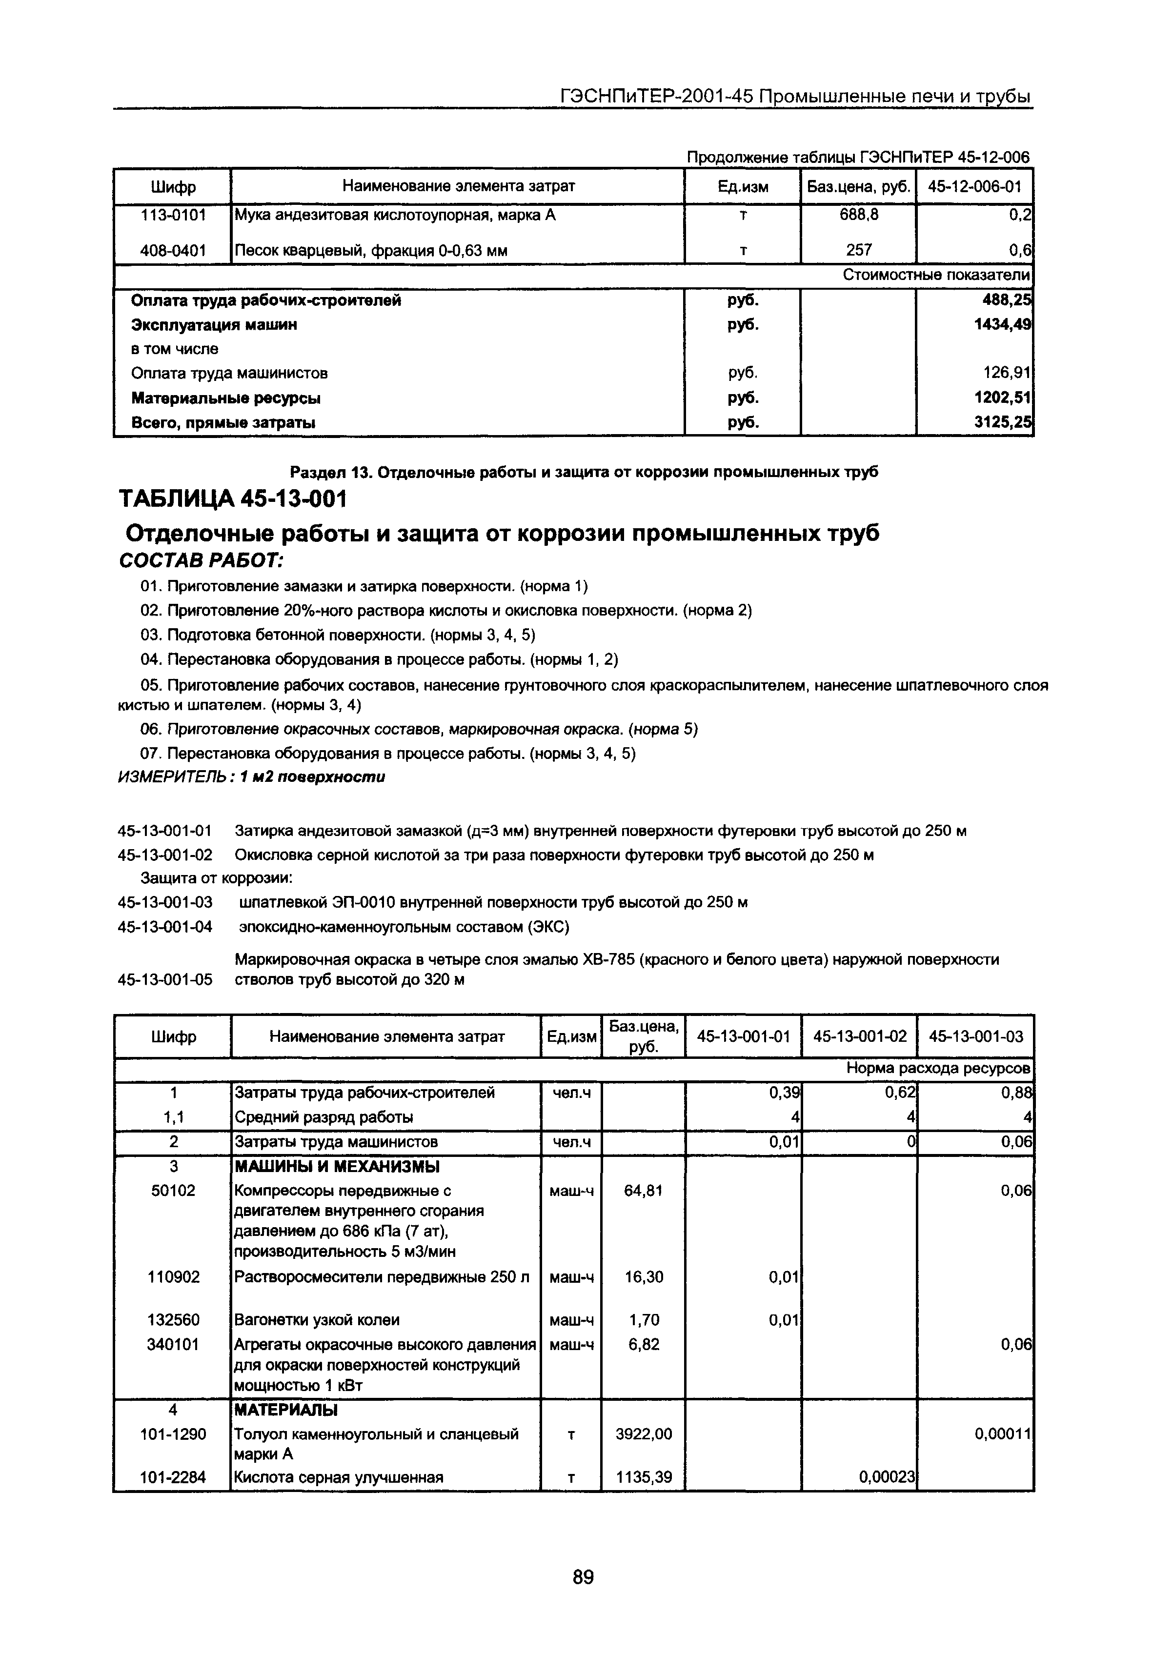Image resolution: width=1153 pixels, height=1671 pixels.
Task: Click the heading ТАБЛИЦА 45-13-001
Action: pyautogui.click(x=233, y=499)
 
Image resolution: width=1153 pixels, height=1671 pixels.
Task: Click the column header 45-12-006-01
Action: pyautogui.click(x=974, y=187)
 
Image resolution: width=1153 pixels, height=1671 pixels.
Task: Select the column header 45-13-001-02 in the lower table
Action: pyautogui.click(x=859, y=1037)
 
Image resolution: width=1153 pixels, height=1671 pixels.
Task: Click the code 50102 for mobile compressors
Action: pyautogui.click(x=173, y=1190)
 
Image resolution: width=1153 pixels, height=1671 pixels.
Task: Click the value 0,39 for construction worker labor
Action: pyautogui.click(x=783, y=1094)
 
